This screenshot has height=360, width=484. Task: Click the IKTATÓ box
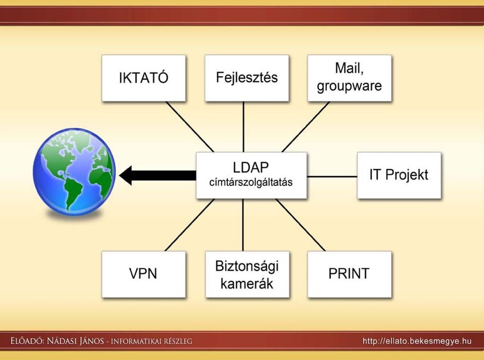click(144, 78)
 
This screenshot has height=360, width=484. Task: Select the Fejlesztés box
click(247, 78)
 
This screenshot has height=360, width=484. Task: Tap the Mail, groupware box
click(350, 78)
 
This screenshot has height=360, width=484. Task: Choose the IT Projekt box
click(399, 175)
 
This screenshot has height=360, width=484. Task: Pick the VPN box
click(144, 274)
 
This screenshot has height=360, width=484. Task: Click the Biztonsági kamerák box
click(247, 274)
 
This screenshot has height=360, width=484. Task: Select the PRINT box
click(350, 274)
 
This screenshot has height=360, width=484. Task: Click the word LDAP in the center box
click(251, 167)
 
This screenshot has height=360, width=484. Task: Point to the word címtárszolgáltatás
click(251, 182)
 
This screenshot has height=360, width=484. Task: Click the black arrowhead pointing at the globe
click(126, 175)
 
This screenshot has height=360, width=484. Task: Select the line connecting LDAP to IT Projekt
click(332, 176)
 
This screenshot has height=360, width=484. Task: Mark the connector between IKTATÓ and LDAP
click(190, 127)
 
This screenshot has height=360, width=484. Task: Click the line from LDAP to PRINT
click(300, 225)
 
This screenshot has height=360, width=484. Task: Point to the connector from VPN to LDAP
click(190, 225)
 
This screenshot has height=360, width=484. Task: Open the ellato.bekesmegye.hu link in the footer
click(417, 341)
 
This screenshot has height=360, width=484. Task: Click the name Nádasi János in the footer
click(75, 341)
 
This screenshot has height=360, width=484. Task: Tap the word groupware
click(349, 86)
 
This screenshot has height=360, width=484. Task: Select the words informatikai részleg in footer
click(151, 341)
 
